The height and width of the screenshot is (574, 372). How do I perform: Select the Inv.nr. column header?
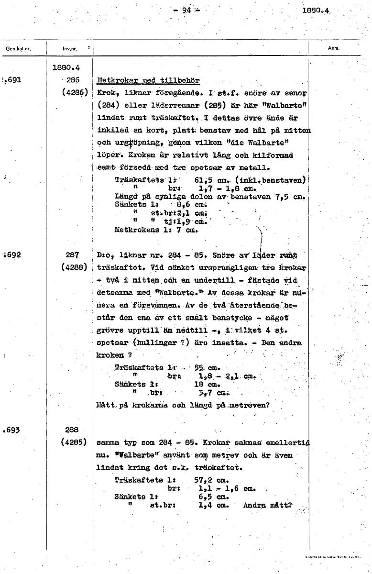click(70, 48)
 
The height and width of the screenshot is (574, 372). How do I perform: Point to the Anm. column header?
click(333, 48)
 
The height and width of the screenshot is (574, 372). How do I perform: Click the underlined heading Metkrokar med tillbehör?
click(148, 80)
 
